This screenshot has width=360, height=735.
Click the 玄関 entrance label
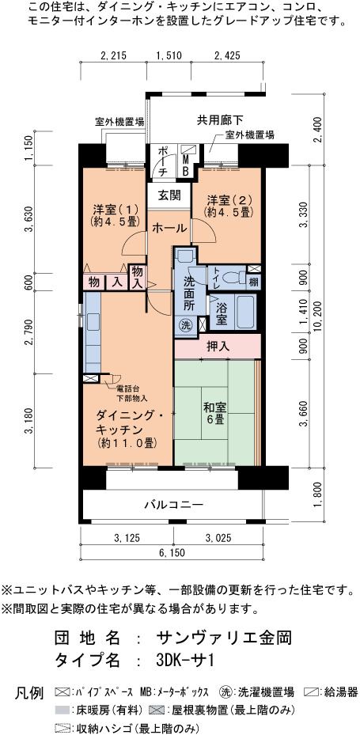pos(169,195)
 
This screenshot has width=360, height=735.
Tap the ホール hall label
pos(169,229)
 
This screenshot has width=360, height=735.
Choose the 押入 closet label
pos(218,347)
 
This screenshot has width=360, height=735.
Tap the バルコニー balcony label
pos(173,505)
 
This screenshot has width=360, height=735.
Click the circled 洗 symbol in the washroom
pos(184,325)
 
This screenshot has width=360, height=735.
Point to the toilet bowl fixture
pos(233,278)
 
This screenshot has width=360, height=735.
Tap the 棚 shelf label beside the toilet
pos(254,282)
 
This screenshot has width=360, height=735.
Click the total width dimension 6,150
pos(172,553)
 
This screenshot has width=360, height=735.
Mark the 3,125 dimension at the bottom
pos(127,537)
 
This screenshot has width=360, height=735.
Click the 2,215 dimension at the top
pos(113,55)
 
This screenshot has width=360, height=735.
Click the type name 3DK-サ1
pos(186,661)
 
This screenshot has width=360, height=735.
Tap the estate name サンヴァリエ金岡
pos(225,638)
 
